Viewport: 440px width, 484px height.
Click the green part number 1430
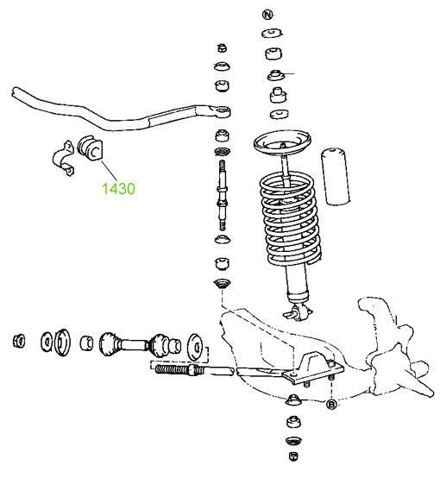(x=118, y=189)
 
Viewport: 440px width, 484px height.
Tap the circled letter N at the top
(x=267, y=15)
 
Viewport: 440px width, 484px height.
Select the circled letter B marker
(x=331, y=404)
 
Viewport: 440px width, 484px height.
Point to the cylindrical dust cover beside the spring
(x=336, y=177)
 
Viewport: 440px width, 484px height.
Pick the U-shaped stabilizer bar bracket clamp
(x=63, y=158)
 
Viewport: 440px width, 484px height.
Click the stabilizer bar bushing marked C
(x=90, y=148)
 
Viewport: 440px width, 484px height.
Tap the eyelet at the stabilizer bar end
(x=223, y=111)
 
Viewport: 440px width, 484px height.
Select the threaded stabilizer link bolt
(x=223, y=195)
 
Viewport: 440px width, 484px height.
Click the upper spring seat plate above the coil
(x=282, y=142)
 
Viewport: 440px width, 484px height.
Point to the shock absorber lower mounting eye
(x=299, y=312)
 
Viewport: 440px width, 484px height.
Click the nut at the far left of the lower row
(x=19, y=341)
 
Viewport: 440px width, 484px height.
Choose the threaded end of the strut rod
(x=173, y=369)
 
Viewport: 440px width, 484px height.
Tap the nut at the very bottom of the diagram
(x=293, y=456)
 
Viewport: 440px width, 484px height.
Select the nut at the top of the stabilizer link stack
(x=223, y=47)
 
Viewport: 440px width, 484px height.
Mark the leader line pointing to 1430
(x=110, y=170)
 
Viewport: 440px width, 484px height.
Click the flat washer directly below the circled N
(x=272, y=33)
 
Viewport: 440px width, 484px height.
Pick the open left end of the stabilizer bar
(x=15, y=92)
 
